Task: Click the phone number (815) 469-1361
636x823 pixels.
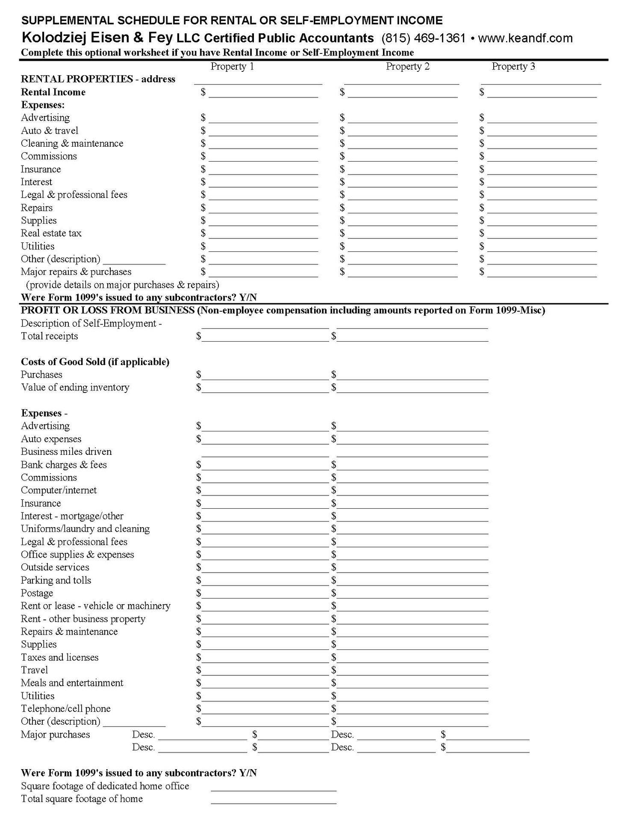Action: pos(423,38)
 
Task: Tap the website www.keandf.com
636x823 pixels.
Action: pos(525,38)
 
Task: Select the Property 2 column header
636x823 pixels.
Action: pos(407,67)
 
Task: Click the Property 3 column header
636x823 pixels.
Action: pos(513,67)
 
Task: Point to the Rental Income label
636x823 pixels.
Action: pos(53,92)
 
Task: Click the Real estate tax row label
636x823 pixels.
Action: pos(51,233)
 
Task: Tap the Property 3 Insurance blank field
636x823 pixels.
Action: pos(542,170)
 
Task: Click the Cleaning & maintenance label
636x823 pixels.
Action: pos(72,144)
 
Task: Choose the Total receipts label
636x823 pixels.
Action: pos(49,336)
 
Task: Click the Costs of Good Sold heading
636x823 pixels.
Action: pos(95,362)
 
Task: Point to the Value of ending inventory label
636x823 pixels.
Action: pos(75,388)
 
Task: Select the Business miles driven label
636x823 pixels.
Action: pos(66,452)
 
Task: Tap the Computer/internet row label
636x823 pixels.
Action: pos(59,490)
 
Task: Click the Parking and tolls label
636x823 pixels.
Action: pos(56,581)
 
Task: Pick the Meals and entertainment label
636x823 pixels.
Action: pos(72,683)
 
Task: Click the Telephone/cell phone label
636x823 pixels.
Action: pos(65,709)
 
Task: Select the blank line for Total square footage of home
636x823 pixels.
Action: pos(274,799)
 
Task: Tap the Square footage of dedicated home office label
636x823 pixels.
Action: pos(105,786)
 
